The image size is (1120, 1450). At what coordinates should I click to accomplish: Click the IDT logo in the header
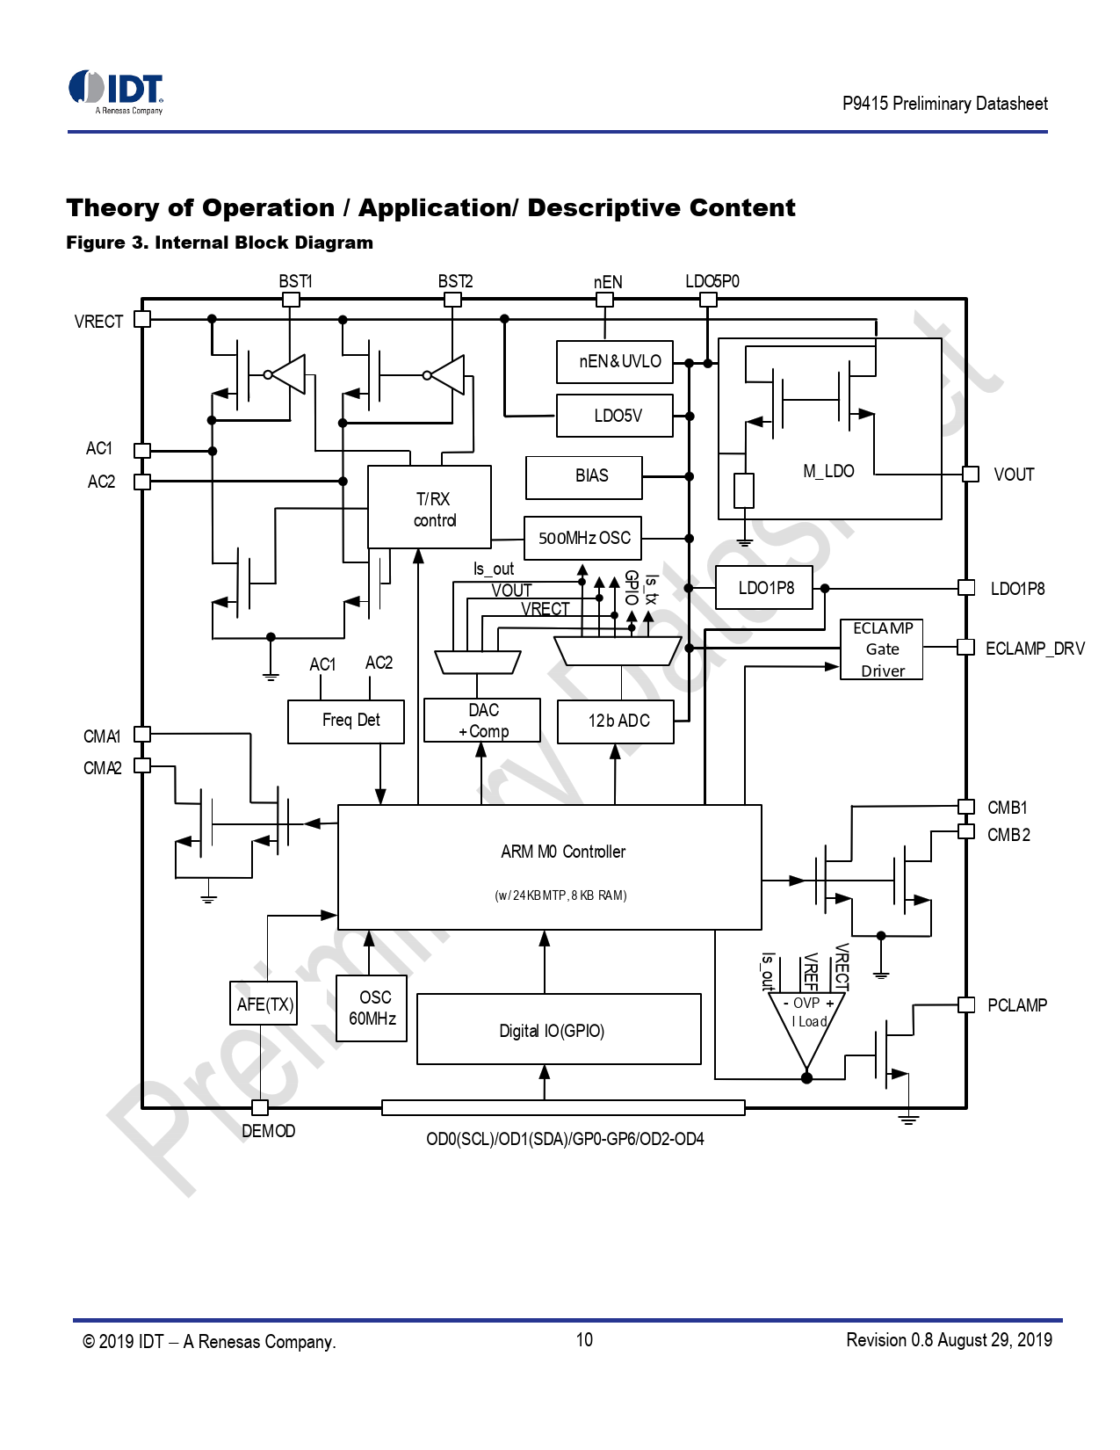(116, 91)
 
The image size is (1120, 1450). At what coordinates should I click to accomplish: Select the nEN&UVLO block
(615, 362)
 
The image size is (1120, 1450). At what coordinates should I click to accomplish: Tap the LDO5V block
(615, 416)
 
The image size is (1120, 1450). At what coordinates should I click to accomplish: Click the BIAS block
(584, 477)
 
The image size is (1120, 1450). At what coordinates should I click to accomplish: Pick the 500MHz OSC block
(583, 538)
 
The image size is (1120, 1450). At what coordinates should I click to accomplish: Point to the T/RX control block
(430, 507)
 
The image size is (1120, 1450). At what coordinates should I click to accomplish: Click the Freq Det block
(346, 721)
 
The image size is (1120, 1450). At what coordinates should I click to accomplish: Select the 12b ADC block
(616, 721)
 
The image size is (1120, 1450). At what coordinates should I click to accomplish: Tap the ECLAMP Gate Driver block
(881, 649)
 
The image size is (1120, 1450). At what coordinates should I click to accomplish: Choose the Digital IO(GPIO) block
(559, 1029)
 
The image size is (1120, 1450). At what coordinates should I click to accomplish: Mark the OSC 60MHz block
(372, 1008)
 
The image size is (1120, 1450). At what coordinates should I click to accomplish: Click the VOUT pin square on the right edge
(971, 475)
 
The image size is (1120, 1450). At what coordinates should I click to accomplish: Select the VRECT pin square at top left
(142, 320)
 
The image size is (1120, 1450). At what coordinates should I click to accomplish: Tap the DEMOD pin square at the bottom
(260, 1107)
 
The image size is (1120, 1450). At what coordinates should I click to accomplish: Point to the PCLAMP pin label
(1016, 1005)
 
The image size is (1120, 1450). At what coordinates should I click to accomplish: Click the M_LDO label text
(828, 471)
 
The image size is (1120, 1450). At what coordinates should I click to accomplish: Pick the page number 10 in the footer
(584, 1340)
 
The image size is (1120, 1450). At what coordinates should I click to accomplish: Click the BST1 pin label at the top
(295, 281)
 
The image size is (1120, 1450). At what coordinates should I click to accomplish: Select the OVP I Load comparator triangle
(806, 1024)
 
